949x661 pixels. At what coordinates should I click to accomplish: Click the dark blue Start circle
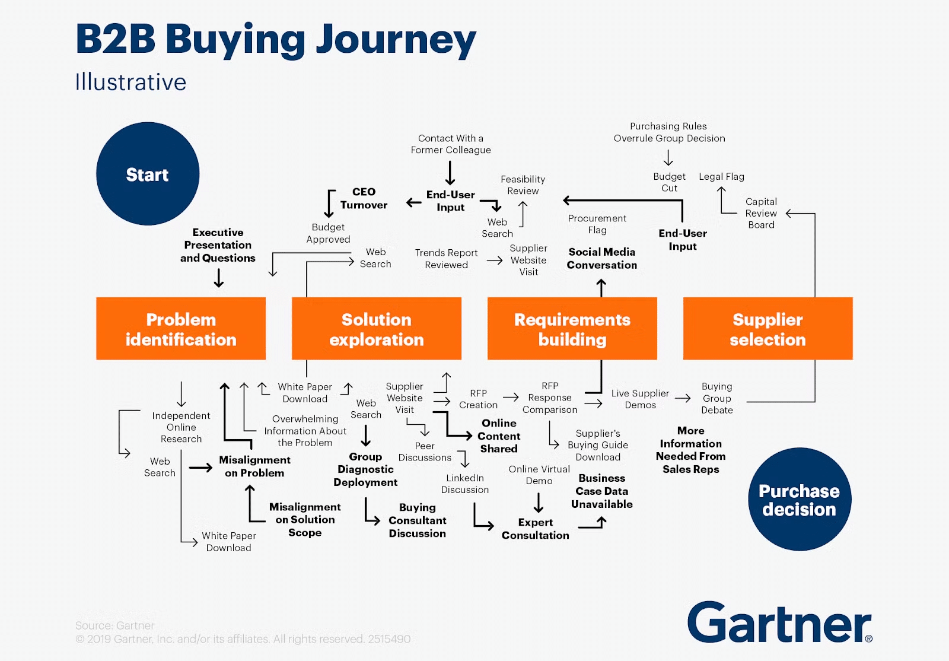tap(148, 174)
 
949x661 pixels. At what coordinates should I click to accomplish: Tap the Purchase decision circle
tap(799, 500)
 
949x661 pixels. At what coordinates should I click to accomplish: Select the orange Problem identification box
tap(181, 329)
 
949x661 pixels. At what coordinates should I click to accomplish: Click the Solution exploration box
tap(376, 329)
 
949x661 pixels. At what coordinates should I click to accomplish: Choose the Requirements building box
tap(572, 329)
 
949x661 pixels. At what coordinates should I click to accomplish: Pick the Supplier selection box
tap(768, 329)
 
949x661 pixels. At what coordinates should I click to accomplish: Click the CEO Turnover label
tap(363, 198)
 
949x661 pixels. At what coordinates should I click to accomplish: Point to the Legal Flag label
tap(721, 176)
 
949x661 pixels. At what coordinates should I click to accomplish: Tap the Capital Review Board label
tap(761, 213)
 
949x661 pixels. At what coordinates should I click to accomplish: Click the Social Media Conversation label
tap(601, 259)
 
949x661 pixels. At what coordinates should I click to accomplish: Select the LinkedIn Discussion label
tap(465, 484)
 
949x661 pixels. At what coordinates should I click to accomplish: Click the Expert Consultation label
tap(535, 529)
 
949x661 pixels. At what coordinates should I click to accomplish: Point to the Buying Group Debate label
tap(716, 398)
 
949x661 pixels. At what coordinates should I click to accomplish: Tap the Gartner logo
tap(779, 623)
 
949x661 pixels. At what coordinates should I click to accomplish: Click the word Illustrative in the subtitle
tap(130, 82)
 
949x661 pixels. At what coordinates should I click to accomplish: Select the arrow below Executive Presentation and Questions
tap(219, 278)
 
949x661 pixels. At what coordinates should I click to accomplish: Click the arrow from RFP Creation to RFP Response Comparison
tap(511, 397)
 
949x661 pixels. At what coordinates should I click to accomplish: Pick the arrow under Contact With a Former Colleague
tap(450, 173)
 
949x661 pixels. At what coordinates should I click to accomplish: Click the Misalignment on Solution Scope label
tap(305, 520)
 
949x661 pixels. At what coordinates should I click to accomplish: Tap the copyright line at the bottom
tap(243, 639)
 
